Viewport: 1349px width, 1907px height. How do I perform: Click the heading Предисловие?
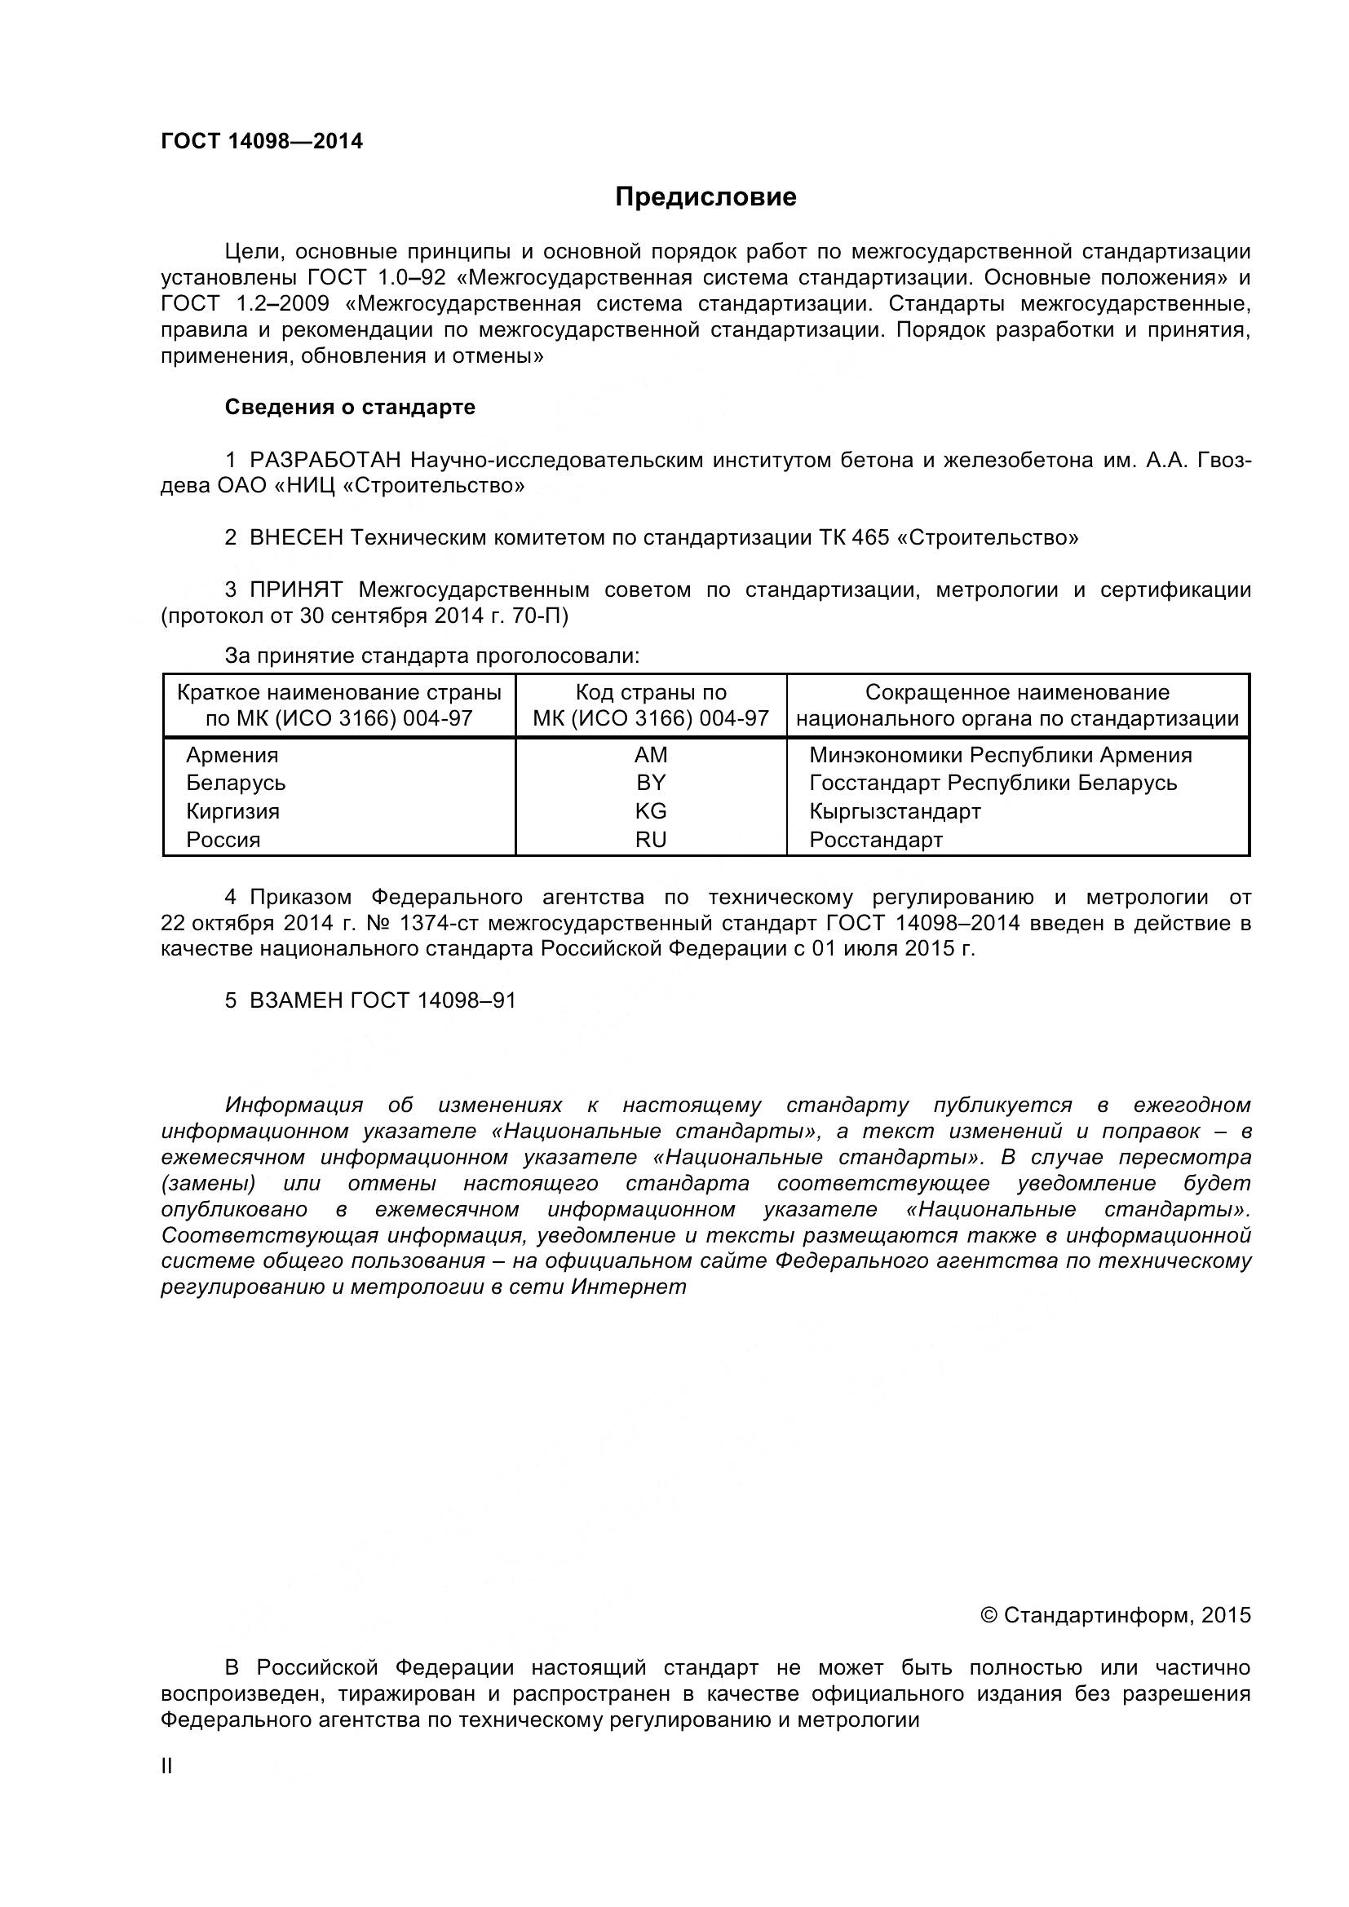[705, 196]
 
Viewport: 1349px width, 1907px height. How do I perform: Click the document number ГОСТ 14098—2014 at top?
[262, 141]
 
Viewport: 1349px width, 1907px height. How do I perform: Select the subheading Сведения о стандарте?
[350, 407]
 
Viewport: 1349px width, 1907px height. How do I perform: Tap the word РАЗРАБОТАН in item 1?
[325, 460]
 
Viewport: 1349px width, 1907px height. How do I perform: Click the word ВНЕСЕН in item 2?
[296, 537]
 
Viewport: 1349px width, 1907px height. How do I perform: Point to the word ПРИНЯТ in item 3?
[296, 589]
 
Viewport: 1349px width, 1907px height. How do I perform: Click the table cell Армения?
[232, 755]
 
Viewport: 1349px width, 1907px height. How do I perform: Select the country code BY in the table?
[650, 784]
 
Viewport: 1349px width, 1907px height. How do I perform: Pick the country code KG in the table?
[650, 811]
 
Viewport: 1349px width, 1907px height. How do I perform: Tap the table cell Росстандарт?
[875, 840]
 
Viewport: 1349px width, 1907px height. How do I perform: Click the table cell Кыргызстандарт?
[895, 811]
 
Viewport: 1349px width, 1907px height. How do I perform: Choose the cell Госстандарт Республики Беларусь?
[993, 784]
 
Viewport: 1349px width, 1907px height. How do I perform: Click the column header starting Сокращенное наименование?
[1017, 705]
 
